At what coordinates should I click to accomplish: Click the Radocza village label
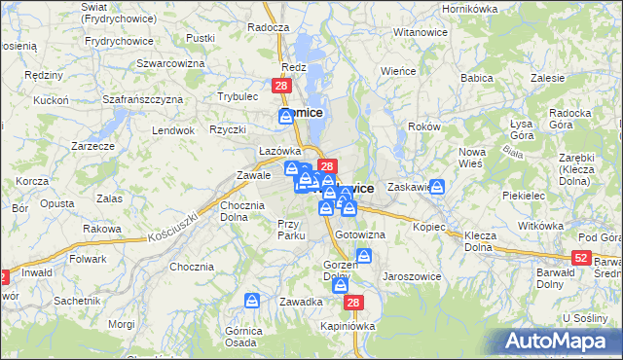268,28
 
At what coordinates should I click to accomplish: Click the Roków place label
425,126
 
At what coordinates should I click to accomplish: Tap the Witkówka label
541,225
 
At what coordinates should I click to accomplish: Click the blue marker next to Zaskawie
438,186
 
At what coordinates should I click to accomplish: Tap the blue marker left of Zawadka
252,302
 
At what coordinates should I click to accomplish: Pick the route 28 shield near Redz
281,87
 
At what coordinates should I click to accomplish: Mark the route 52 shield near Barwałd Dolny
581,257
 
